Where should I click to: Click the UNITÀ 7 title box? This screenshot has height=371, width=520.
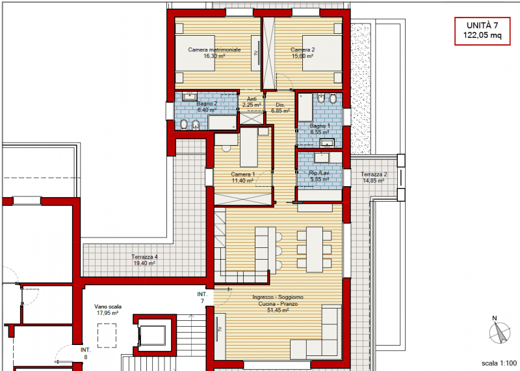(x=482, y=31)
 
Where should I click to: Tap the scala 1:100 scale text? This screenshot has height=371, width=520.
(x=499, y=363)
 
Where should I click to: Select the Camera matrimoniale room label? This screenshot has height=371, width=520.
(x=214, y=53)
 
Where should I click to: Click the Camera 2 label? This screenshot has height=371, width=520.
(x=302, y=53)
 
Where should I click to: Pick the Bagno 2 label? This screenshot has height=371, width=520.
(x=207, y=107)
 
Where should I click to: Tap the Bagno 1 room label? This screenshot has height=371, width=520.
(x=320, y=130)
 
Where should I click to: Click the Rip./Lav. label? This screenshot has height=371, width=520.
(x=320, y=176)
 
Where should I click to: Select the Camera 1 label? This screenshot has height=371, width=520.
(x=242, y=177)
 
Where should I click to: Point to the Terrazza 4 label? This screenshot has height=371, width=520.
(x=144, y=260)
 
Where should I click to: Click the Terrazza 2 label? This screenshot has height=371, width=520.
(x=374, y=177)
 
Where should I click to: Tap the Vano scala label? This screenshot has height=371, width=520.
(x=108, y=310)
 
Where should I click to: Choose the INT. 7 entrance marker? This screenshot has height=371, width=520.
(x=202, y=297)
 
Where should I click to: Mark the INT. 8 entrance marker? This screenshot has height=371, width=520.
(x=86, y=353)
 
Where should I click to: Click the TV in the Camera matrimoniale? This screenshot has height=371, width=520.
(x=256, y=53)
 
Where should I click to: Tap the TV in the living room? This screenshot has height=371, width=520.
(x=219, y=329)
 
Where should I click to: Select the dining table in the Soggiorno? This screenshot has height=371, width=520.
(x=315, y=249)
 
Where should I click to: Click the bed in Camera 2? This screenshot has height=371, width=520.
(x=322, y=53)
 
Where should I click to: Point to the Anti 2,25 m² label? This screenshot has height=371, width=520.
(x=252, y=102)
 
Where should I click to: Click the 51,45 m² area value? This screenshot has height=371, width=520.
(x=278, y=310)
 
